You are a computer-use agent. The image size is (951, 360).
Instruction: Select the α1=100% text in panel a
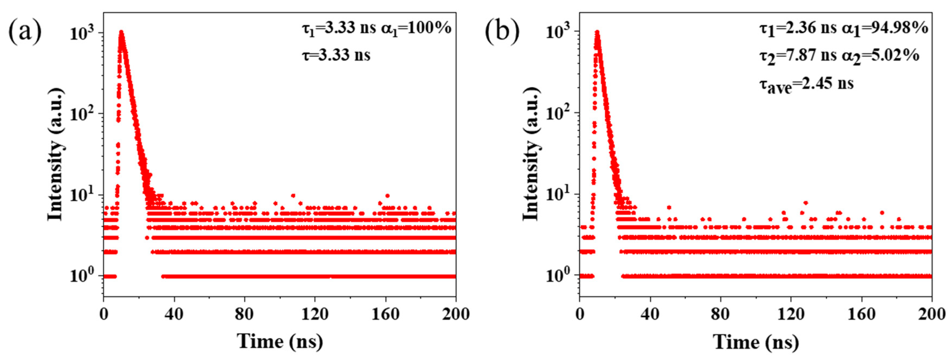coord(416,28)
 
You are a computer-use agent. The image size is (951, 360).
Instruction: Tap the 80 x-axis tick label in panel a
coord(244,314)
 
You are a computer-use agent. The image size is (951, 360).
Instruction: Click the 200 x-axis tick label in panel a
coord(455,314)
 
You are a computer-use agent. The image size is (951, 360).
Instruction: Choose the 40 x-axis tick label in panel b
coord(650,314)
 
